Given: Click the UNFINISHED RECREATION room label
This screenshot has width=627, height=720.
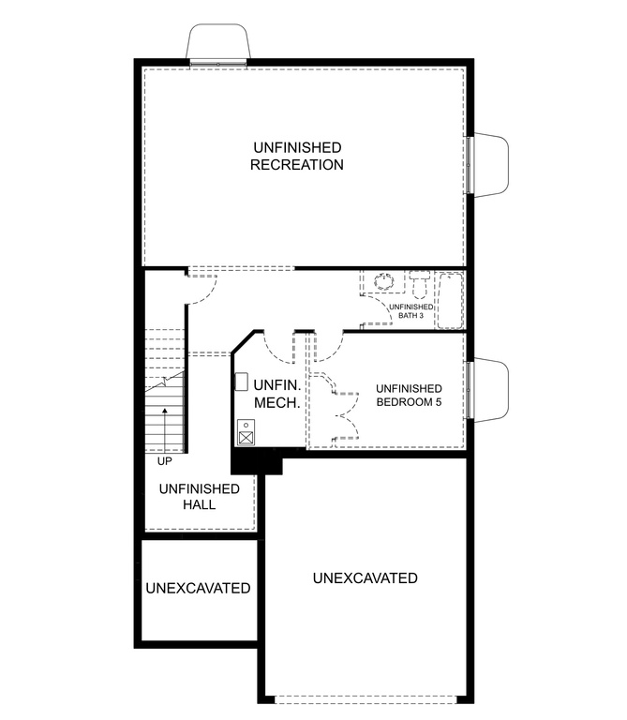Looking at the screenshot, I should (296, 157).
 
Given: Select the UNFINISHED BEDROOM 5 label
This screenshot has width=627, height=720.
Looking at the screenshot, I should (408, 395).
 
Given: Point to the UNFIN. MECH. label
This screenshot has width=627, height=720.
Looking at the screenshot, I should (276, 395).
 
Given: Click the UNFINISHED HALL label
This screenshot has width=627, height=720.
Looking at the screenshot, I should (199, 497).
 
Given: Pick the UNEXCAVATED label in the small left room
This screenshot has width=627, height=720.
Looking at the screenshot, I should (198, 589).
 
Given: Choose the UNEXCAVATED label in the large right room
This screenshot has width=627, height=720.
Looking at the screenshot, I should (365, 578).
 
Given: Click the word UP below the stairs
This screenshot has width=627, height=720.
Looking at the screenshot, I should (165, 461).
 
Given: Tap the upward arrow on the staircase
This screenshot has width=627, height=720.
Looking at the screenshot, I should (166, 427).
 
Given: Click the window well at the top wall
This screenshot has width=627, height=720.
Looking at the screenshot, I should (219, 42).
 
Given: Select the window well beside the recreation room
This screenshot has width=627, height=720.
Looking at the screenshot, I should (491, 166).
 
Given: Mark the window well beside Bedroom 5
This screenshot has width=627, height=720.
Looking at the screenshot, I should (491, 390).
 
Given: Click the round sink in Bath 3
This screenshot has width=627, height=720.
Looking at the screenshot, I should (383, 280).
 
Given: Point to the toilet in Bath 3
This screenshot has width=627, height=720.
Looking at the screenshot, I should (419, 283).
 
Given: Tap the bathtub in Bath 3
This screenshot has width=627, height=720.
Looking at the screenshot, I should (451, 300).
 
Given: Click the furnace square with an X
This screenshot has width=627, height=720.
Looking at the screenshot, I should (245, 436).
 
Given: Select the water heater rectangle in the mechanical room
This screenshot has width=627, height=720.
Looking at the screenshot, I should (241, 382).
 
